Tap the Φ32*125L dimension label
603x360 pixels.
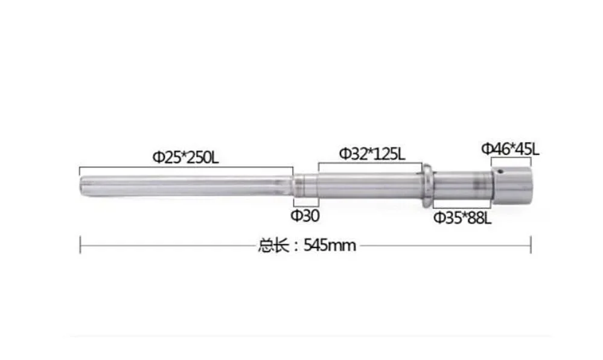[x=371, y=153]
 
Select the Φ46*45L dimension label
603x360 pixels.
[x=510, y=148]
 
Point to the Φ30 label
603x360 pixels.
[x=305, y=216]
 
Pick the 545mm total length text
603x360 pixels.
[x=330, y=245]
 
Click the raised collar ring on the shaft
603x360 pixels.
[x=427, y=184]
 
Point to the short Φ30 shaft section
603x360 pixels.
[x=305, y=185]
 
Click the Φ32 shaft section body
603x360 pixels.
[x=368, y=185]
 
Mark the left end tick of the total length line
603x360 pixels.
[x=80, y=245]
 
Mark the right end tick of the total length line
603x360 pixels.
[x=531, y=245]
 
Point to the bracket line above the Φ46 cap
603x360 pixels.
[x=511, y=158]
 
